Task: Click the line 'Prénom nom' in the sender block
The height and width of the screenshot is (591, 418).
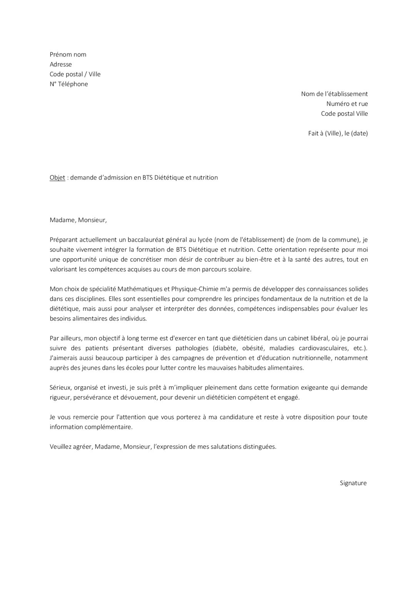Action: (x=68, y=54)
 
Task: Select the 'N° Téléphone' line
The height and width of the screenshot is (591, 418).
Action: (x=69, y=84)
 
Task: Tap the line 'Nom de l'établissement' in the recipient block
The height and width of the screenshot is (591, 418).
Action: (x=334, y=94)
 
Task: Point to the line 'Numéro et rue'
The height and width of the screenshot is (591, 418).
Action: (x=347, y=104)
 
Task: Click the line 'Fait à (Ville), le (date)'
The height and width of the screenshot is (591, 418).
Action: (x=338, y=134)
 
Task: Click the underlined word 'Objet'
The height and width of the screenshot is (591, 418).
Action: (x=57, y=177)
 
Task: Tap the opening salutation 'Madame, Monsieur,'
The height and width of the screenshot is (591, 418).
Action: (x=78, y=220)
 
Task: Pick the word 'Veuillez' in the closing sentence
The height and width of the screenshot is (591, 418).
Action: (x=61, y=447)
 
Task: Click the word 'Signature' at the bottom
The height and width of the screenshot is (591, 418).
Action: (x=353, y=483)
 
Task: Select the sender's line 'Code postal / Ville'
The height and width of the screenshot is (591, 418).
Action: (x=75, y=74)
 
